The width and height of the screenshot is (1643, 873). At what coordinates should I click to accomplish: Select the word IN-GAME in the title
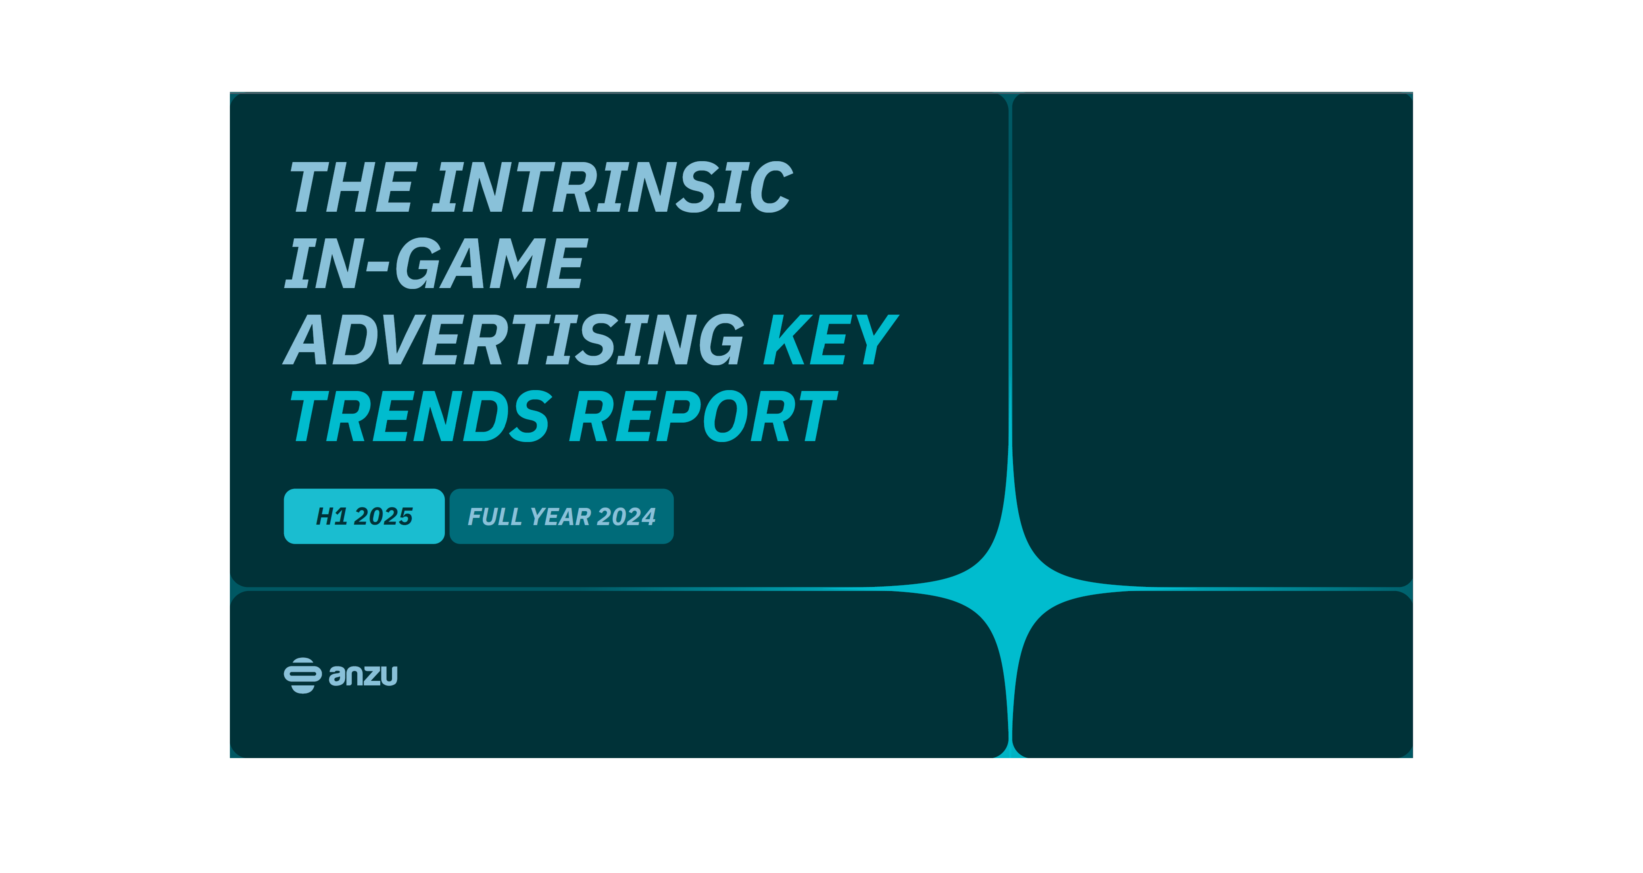pos(436,263)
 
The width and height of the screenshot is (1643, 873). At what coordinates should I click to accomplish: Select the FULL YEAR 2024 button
pos(561,516)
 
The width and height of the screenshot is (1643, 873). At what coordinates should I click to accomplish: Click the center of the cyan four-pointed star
pos(1010,589)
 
